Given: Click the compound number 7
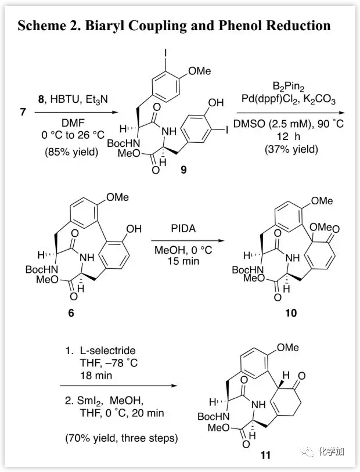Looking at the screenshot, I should click(x=23, y=111).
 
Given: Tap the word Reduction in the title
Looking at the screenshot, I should click(x=297, y=26).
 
